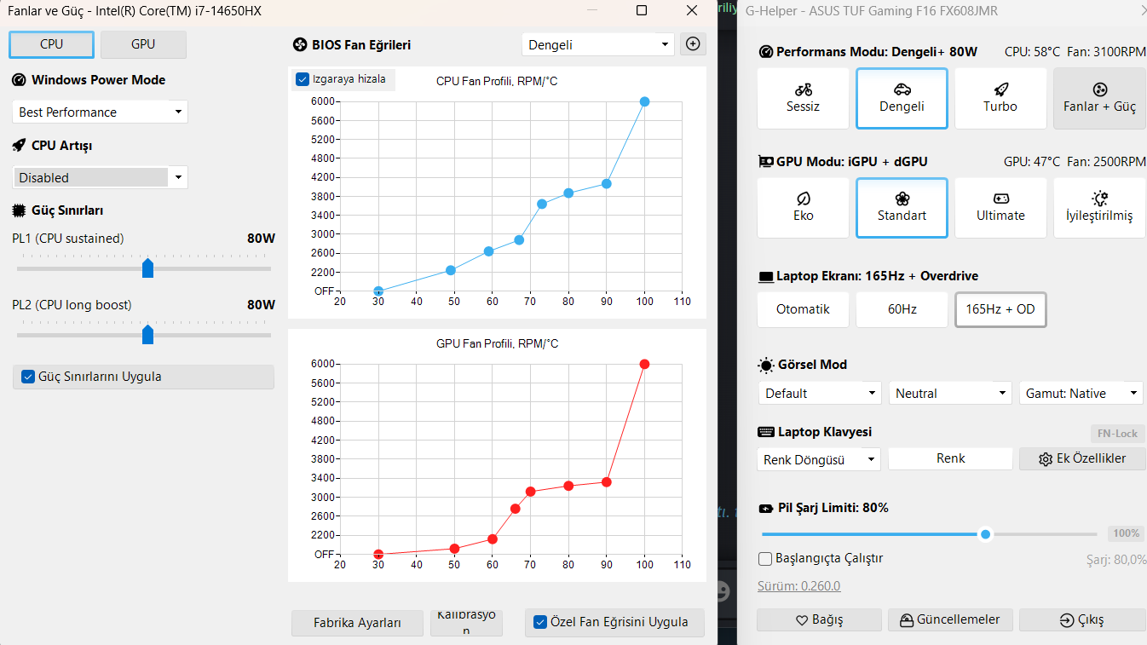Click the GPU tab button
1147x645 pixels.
pos(143,44)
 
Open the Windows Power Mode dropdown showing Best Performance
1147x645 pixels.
pos(100,112)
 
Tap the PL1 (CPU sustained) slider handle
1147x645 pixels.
pos(147,268)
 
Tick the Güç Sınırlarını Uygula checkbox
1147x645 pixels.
pos(28,377)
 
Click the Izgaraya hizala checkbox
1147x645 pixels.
pos(303,79)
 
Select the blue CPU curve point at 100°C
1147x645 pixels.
pos(645,102)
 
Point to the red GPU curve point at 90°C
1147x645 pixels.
pos(606,482)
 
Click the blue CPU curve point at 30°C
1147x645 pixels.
pos(378,291)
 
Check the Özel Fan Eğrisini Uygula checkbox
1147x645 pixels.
pos(539,622)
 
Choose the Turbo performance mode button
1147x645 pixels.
pos(1000,98)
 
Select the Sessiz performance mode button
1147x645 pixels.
pos(803,98)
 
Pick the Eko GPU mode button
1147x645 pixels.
pos(803,208)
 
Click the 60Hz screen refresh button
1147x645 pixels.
pos(902,309)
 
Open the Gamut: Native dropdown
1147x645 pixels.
pos(1081,393)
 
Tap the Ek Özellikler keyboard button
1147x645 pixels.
pos(1082,458)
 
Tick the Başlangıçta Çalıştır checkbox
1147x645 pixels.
pos(765,558)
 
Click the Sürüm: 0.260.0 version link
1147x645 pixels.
pos(798,586)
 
